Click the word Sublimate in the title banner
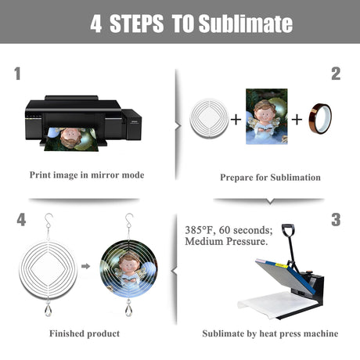246,23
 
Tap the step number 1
17,74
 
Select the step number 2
336,74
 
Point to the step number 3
336,219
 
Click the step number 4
21,219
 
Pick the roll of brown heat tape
320,119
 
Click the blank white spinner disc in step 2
209,118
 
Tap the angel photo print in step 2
267,117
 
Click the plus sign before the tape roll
297,120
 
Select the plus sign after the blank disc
236,120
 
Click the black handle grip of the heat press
288,230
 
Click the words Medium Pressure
226,242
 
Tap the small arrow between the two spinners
85,266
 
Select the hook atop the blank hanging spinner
49,221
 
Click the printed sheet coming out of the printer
72,139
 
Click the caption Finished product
85,333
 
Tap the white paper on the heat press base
276,304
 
